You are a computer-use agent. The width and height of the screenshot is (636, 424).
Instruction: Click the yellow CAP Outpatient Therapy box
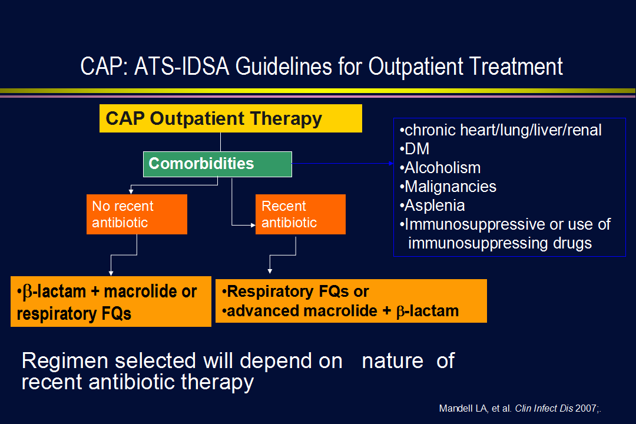click(x=230, y=118)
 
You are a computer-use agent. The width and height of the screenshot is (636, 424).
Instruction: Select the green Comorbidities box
click(x=217, y=164)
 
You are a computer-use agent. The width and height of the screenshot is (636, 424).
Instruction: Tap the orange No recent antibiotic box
click(x=137, y=214)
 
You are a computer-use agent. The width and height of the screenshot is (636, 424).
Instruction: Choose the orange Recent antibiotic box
click(x=300, y=214)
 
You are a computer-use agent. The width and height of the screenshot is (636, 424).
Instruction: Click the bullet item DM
click(x=415, y=149)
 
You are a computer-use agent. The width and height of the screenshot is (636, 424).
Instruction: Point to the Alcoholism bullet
click(x=440, y=168)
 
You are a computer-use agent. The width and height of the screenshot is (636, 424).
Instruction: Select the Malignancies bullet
click(x=448, y=187)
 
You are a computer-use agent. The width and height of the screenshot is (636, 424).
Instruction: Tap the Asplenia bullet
click(x=432, y=206)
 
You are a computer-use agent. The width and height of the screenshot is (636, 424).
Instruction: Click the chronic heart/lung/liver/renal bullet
click(x=501, y=130)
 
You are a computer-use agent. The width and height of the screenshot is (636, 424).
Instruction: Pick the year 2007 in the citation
click(x=586, y=408)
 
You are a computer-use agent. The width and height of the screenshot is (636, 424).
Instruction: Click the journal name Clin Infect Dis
click(x=544, y=408)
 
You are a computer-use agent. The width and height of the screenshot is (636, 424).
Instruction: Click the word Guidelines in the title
click(x=283, y=66)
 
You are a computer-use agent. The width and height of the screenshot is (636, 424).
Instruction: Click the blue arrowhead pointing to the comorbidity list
click(x=392, y=164)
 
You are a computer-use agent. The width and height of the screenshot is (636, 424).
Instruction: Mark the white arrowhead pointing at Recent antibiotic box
click(x=253, y=225)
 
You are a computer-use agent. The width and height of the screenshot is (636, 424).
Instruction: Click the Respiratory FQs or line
click(x=295, y=291)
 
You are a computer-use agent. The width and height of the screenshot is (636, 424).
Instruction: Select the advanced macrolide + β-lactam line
click(x=340, y=311)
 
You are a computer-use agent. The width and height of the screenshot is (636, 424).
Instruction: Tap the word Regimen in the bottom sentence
click(x=65, y=361)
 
